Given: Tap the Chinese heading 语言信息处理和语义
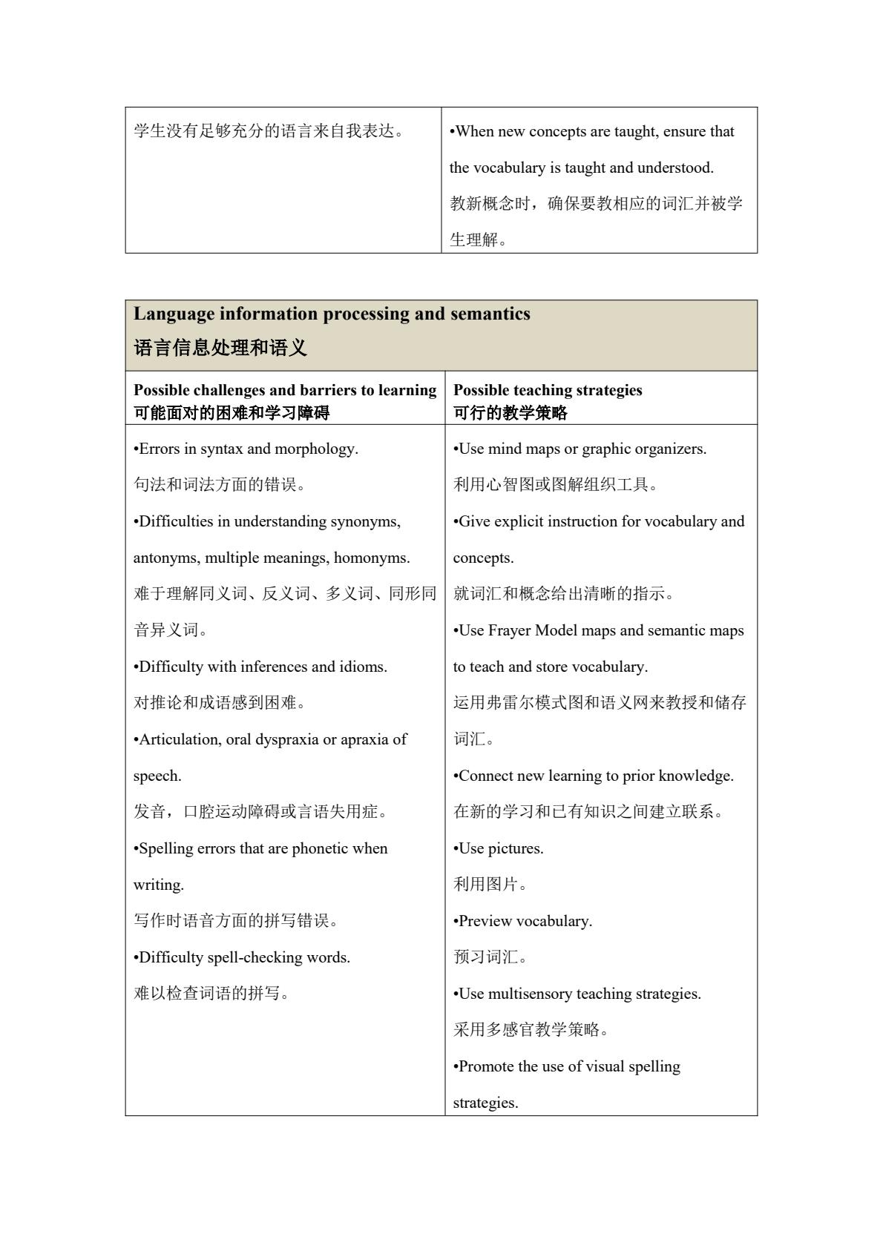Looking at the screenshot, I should (x=220, y=348).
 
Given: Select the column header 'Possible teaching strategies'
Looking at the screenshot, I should (x=548, y=390).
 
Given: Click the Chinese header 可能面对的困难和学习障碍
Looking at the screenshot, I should (x=232, y=413).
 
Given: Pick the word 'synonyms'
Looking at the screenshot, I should (x=365, y=521).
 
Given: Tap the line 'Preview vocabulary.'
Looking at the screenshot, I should (x=523, y=921).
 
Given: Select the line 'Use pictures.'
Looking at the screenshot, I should (x=499, y=848).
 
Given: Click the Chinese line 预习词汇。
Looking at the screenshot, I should (x=490, y=957).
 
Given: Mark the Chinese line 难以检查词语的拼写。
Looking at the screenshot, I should (x=211, y=993).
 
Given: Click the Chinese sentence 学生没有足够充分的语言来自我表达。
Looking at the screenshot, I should (x=272, y=131).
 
